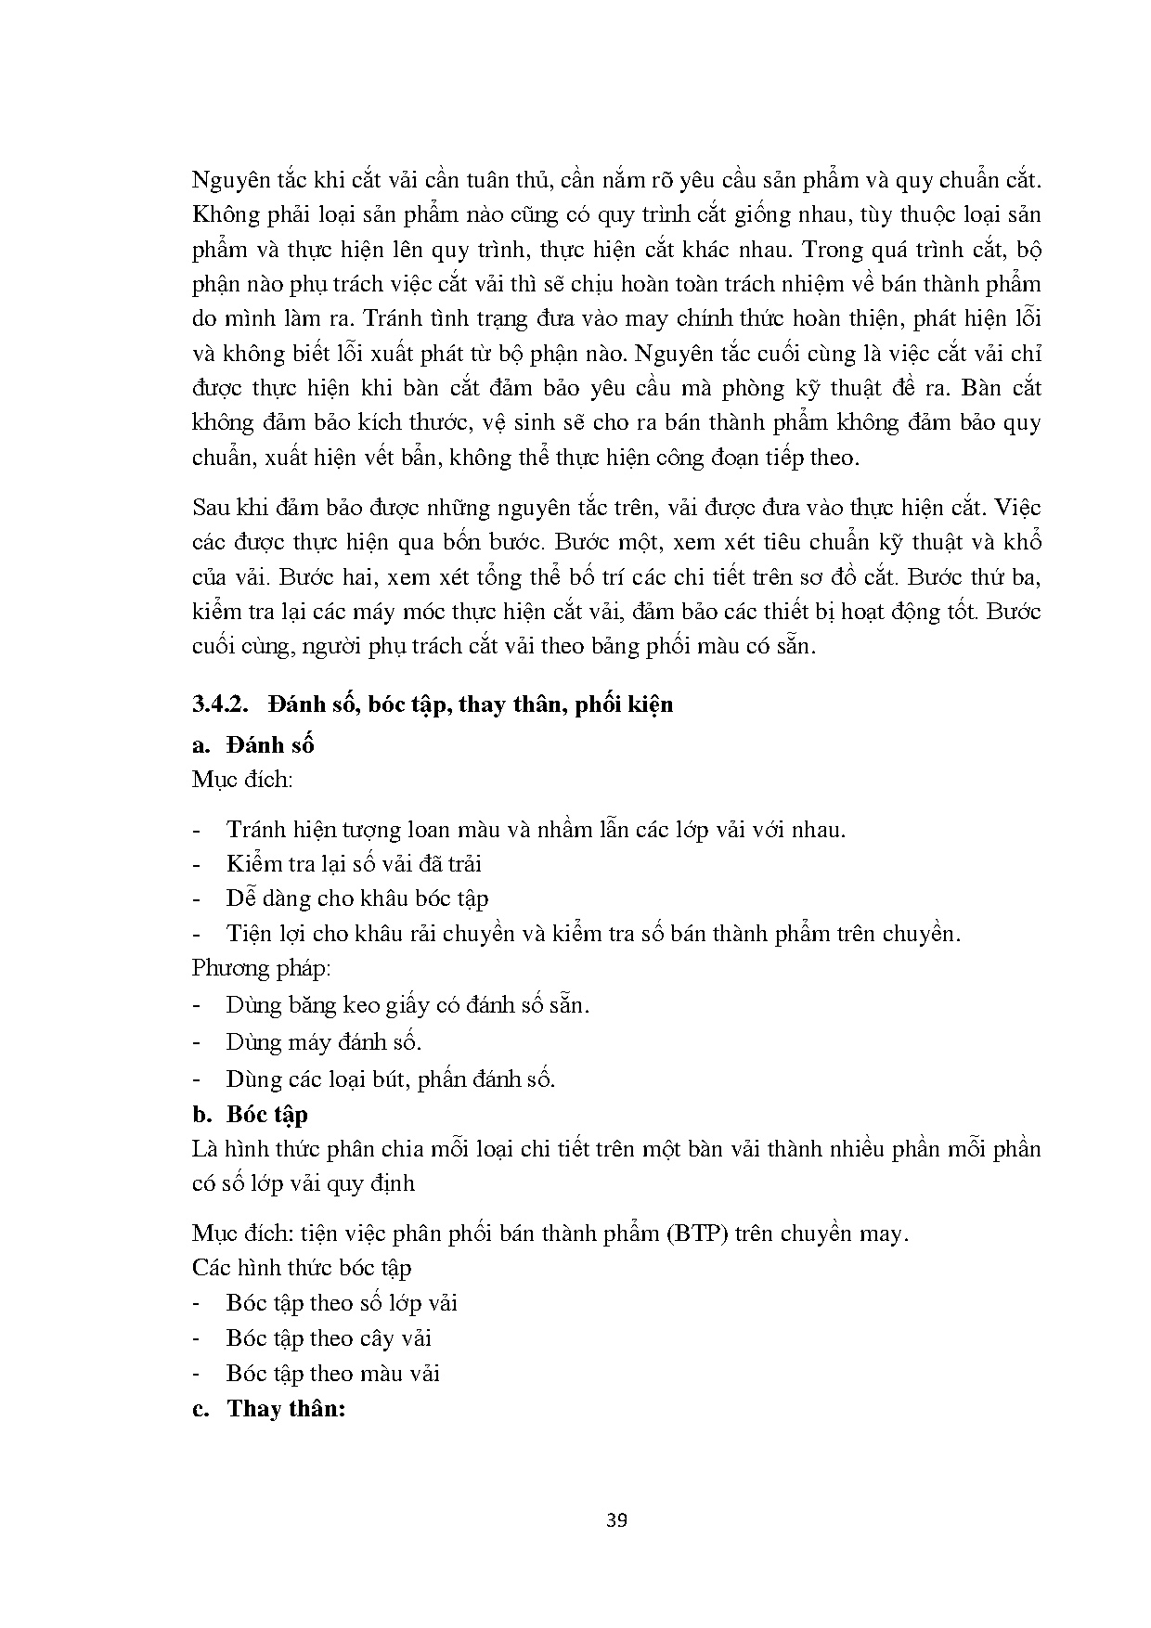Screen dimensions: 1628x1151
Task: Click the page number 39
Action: (616, 1520)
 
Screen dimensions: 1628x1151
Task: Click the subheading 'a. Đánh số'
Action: (252, 744)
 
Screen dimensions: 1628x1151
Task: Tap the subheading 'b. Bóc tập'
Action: (250, 1114)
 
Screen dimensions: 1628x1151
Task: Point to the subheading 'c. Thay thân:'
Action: (268, 1408)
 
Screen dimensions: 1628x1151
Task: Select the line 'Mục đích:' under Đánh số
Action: (242, 779)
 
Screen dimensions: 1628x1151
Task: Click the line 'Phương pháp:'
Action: (262, 968)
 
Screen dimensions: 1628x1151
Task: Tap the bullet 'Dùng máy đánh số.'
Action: (324, 1041)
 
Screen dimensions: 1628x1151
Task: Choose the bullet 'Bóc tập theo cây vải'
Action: (329, 1337)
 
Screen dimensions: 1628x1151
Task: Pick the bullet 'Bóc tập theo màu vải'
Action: (332, 1373)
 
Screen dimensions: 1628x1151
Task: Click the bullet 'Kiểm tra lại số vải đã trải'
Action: (354, 863)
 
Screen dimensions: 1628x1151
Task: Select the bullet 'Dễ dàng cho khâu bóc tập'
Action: (357, 898)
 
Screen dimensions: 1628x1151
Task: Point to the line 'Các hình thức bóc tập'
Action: (302, 1268)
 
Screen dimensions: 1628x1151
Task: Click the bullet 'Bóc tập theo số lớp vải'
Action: (342, 1303)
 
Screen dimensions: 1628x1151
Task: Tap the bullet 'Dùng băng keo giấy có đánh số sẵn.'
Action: (407, 1004)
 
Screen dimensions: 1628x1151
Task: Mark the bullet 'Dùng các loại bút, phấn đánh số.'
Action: (391, 1079)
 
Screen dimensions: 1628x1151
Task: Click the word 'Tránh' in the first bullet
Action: (256, 829)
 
